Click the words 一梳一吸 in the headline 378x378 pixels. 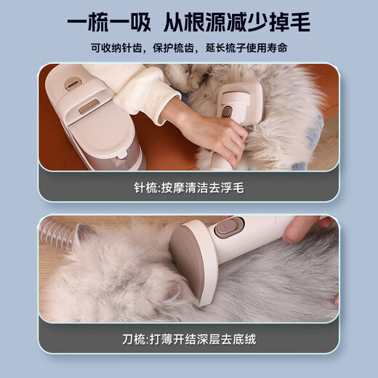[x=110, y=22]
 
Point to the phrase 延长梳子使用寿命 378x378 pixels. [x=241, y=48]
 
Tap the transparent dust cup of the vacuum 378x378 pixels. [x=116, y=156]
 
